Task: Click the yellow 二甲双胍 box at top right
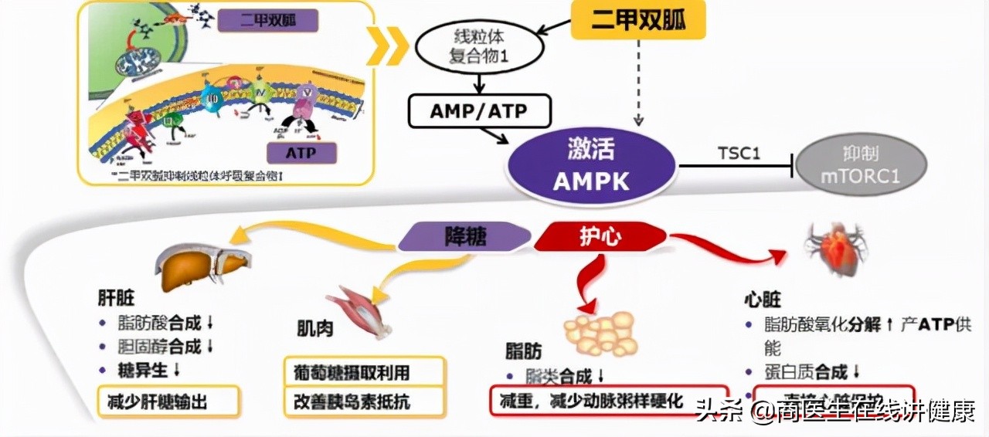coord(638,19)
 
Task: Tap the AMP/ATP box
coord(479,111)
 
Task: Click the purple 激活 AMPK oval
coord(591,164)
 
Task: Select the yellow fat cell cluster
coord(599,333)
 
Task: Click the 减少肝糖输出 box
coord(168,401)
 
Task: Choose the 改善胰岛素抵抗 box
coord(364,401)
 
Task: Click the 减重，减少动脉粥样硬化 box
coord(609,401)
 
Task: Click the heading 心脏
coord(762,300)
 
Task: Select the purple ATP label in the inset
coord(301,152)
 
